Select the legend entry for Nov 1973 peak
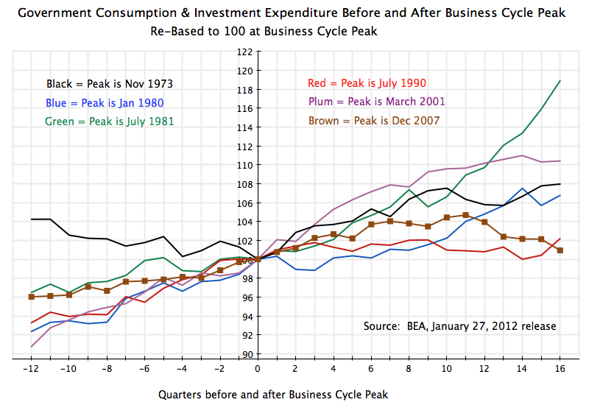click(x=110, y=84)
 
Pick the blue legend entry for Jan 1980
click(x=105, y=103)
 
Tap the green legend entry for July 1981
click(x=110, y=121)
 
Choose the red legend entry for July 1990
click(x=366, y=83)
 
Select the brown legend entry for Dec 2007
click(x=373, y=120)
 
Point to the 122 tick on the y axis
click(x=245, y=52)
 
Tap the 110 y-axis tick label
click(x=245, y=165)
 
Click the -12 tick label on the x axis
click(x=31, y=369)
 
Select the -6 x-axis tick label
click(x=144, y=369)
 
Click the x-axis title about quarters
click(x=272, y=394)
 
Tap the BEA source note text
click(x=460, y=326)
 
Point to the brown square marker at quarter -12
click(x=31, y=297)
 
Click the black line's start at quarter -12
click(x=31, y=219)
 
